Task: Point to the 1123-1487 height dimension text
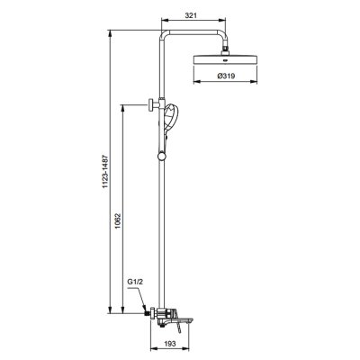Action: (105, 180)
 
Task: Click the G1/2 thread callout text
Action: (135, 283)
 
